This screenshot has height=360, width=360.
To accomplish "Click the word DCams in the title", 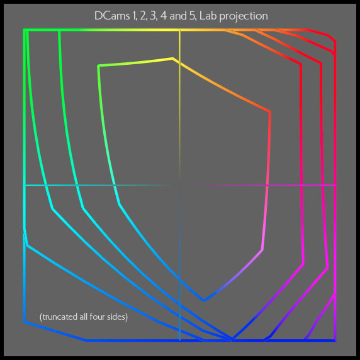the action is [112, 16].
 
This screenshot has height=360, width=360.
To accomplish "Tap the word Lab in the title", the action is [207, 16].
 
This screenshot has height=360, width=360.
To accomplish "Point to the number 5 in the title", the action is [193, 16].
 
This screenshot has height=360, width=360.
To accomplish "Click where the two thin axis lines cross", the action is [179, 185].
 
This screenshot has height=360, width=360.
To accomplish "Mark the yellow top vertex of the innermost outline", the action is [172, 59].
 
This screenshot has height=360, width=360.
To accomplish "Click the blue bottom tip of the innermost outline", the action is [204, 300].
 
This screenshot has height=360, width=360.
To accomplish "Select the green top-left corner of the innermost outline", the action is [99, 66].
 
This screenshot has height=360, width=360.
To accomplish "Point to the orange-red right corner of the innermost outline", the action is [270, 111].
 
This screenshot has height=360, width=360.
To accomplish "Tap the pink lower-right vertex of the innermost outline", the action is [262, 249].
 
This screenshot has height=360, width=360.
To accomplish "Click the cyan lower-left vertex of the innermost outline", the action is [119, 203].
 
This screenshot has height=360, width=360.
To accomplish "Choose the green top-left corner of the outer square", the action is [25, 30].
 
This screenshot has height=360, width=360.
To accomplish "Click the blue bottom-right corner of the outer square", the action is [335, 340].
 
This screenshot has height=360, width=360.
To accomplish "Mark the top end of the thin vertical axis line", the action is [179, 30].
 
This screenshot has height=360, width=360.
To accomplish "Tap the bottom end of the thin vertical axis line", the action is [179, 340].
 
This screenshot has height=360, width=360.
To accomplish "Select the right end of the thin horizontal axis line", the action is [335, 185].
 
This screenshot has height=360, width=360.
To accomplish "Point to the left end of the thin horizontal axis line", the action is [25, 185].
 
